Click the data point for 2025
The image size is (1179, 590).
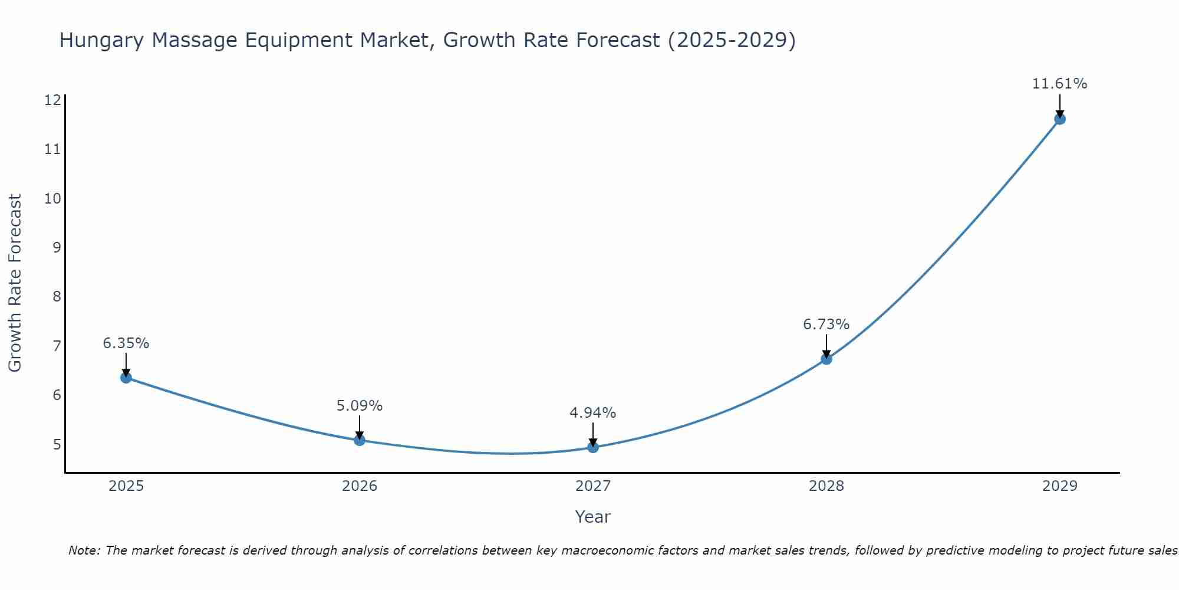click(x=126, y=378)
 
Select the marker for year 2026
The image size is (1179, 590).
click(x=360, y=440)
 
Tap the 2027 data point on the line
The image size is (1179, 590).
click(x=593, y=447)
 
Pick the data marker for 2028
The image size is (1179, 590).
click(x=826, y=359)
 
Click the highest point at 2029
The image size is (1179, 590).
click(x=1059, y=119)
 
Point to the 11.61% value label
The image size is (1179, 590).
click(x=1059, y=84)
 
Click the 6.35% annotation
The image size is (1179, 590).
click(x=126, y=343)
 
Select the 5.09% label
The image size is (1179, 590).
click(x=360, y=406)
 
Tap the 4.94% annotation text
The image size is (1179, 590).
click(x=593, y=413)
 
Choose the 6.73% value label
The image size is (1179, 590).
click(x=826, y=324)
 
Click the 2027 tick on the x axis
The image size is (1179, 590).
click(x=593, y=486)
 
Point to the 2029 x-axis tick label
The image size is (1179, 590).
click(x=1059, y=486)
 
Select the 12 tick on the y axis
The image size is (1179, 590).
click(x=52, y=100)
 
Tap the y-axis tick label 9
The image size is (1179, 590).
click(x=57, y=247)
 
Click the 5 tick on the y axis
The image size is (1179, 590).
click(x=57, y=444)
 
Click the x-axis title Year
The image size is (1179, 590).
click(x=593, y=517)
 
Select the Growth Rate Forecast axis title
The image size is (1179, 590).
click(x=15, y=283)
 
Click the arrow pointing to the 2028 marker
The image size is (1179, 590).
click(x=826, y=347)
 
